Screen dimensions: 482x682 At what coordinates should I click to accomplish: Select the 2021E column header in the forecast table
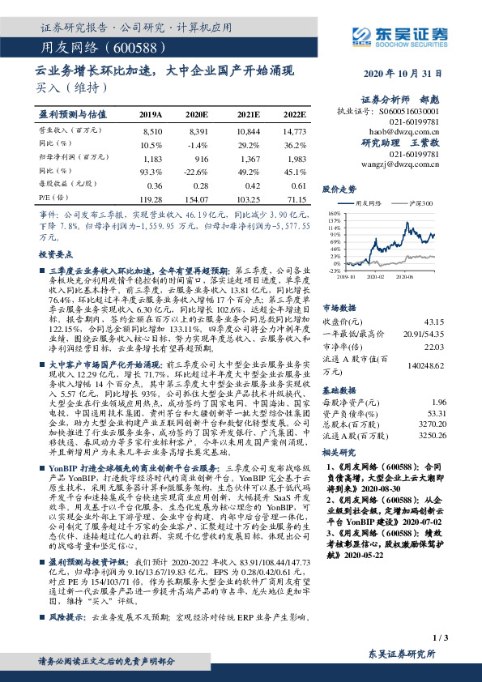point(247,115)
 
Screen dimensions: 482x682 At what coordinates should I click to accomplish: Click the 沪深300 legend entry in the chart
point(421,203)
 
